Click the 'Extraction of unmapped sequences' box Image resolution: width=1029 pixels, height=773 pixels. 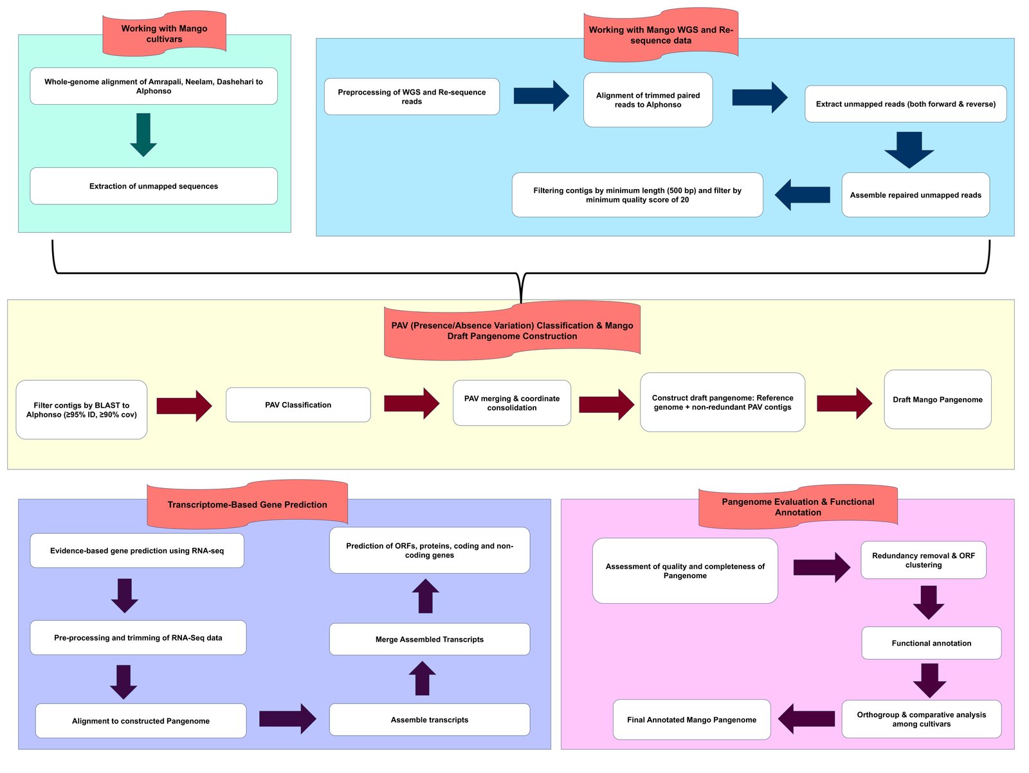[153, 186]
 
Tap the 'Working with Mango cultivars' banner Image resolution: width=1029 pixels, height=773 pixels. [164, 33]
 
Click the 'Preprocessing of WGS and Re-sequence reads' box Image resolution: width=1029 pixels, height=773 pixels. [412, 96]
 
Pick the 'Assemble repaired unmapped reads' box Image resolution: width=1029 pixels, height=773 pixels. [915, 195]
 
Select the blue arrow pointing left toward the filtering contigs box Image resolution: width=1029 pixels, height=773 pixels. [802, 195]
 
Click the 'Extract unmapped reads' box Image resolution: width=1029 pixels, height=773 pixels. [905, 104]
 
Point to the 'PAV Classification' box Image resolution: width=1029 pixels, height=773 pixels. [298, 405]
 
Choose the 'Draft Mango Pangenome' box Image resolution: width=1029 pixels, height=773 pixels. [937, 399]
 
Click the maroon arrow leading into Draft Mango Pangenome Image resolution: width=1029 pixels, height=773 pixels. [844, 404]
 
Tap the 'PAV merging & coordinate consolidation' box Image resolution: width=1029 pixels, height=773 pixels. [511, 403]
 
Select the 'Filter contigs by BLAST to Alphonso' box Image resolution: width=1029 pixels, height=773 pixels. [81, 410]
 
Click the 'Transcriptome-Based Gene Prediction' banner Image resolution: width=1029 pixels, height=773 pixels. [247, 505]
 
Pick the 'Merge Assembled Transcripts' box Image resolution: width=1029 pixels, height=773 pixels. [429, 639]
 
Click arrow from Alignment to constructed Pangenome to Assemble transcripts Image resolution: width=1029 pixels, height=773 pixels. [287, 718]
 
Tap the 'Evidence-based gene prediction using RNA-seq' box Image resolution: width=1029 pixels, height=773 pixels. [136, 550]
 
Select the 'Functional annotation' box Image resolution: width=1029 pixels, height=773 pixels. [931, 643]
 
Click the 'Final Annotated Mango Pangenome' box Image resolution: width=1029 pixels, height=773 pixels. [691, 720]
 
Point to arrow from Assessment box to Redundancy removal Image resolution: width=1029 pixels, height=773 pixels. [821, 567]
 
